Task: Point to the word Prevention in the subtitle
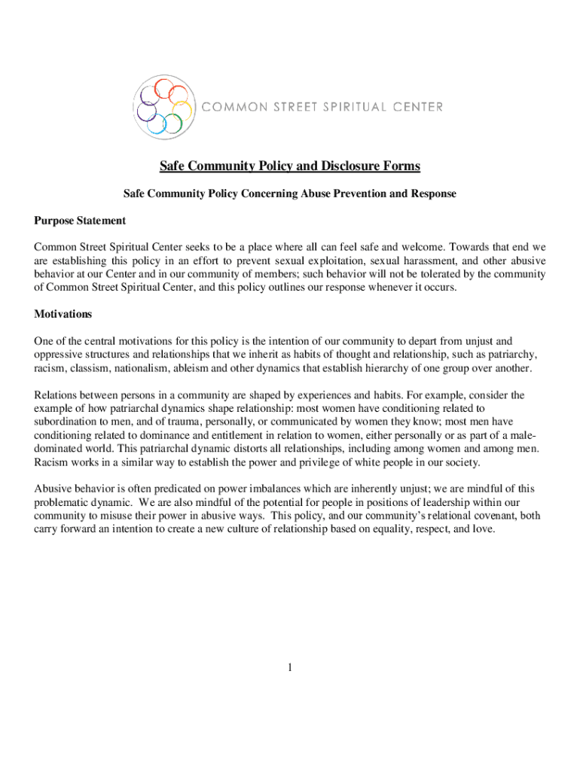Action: (347, 194)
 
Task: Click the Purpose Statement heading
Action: (80, 221)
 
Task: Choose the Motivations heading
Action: (63, 313)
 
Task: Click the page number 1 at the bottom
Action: (289, 667)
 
